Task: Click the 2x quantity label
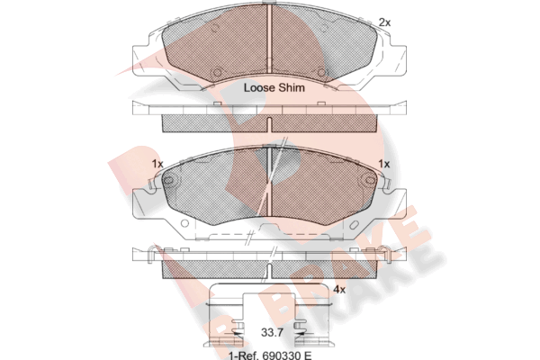(x=384, y=22)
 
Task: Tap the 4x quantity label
(x=339, y=290)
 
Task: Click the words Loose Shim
(x=274, y=87)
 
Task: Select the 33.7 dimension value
(x=272, y=333)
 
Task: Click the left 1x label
(x=157, y=164)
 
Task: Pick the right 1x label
(x=384, y=164)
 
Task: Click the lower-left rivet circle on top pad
(x=217, y=72)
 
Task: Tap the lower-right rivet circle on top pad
(x=321, y=72)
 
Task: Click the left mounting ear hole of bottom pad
(x=168, y=180)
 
